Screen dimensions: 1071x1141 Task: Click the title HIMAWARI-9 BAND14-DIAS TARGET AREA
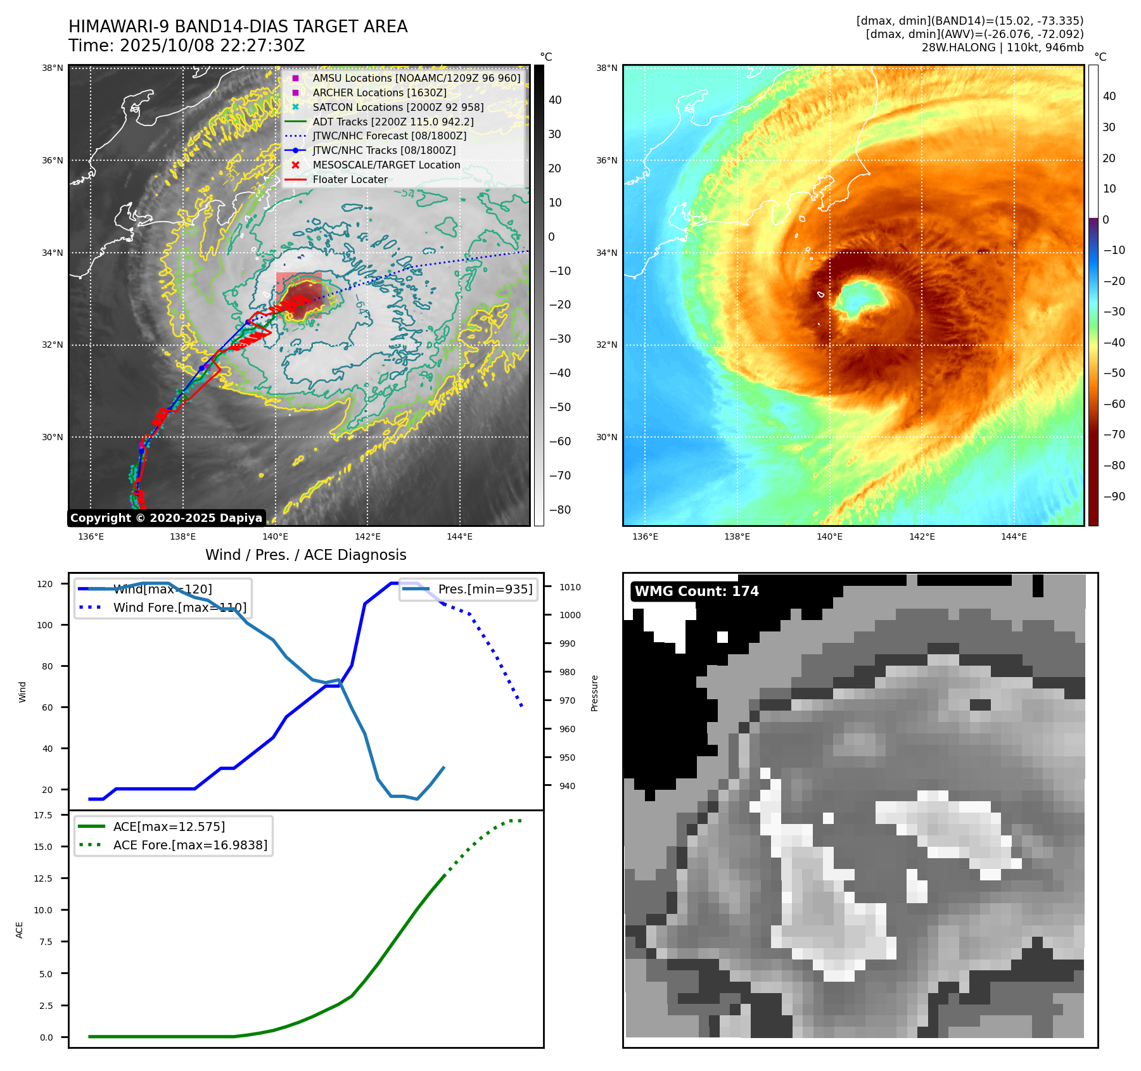click(238, 27)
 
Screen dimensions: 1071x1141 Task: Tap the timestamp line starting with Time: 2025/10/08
click(187, 46)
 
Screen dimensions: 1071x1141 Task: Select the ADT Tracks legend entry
click(393, 122)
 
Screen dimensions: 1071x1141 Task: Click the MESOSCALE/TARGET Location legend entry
click(386, 165)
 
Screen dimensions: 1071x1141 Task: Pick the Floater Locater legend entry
click(350, 179)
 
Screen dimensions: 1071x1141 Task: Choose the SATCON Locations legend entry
click(398, 107)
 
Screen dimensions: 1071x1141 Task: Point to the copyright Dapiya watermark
click(166, 518)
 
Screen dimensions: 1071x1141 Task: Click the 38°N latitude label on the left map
click(53, 68)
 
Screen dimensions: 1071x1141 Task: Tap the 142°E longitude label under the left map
click(367, 536)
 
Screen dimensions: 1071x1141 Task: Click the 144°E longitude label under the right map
click(1014, 536)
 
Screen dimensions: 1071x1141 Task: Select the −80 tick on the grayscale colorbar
click(559, 510)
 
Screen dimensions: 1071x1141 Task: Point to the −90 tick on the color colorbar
click(1114, 497)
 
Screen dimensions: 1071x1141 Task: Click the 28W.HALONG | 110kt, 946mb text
click(1002, 48)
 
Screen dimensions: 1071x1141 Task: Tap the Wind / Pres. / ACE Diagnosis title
click(305, 555)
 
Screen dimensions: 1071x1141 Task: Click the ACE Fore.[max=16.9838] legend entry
click(190, 845)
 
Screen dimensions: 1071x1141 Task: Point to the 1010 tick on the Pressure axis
click(570, 587)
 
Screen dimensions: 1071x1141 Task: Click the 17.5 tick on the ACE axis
click(43, 815)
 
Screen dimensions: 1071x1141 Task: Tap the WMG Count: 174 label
click(696, 591)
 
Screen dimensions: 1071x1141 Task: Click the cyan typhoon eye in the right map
click(859, 298)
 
